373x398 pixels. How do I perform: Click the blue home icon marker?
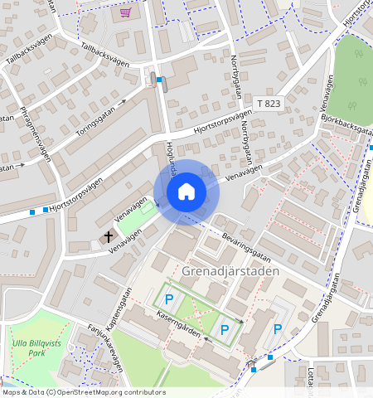click(186, 192)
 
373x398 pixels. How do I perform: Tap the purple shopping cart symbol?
click(125, 12)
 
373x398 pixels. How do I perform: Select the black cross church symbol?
click(108, 237)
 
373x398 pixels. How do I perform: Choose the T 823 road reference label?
click(269, 103)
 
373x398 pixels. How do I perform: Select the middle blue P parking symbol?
click(225, 330)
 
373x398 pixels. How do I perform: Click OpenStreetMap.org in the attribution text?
click(99, 392)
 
